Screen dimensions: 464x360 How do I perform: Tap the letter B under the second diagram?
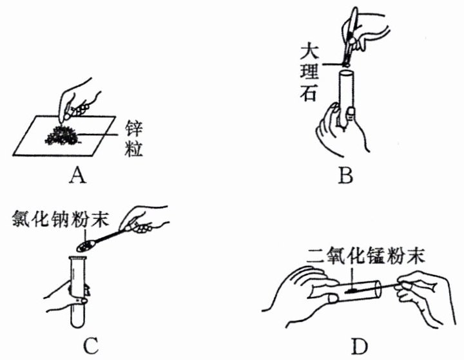[345, 173]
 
